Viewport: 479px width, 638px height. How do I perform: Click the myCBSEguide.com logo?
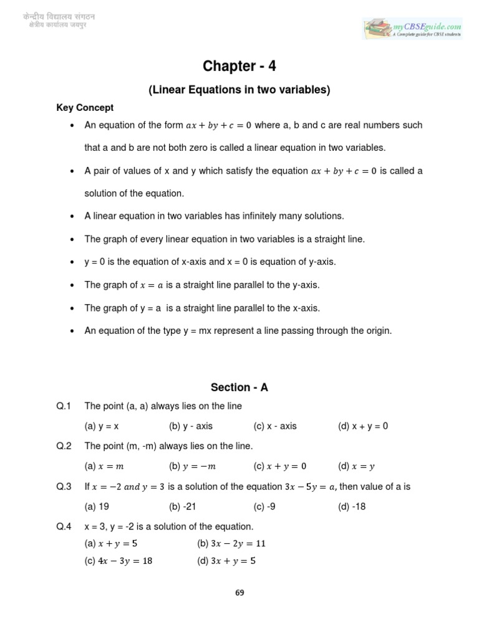point(413,28)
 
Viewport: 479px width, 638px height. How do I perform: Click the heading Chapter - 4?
point(239,67)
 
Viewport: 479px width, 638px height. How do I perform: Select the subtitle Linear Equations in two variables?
point(239,90)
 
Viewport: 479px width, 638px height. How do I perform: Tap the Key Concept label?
point(85,108)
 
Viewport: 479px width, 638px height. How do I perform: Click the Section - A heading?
point(239,387)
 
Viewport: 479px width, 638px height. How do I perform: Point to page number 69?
point(239,593)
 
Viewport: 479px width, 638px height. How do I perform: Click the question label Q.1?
point(64,406)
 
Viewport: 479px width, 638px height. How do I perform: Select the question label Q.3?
point(64,487)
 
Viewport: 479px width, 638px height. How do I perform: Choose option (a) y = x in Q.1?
point(102,426)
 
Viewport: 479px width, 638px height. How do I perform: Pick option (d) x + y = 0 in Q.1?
point(362,426)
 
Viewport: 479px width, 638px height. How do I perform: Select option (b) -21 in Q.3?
point(183,507)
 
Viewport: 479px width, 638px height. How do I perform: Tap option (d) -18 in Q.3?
point(352,507)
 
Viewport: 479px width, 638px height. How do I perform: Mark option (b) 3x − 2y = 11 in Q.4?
point(231,543)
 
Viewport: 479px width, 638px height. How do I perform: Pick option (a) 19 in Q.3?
point(97,507)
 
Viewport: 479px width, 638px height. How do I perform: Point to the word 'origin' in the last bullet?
point(377,331)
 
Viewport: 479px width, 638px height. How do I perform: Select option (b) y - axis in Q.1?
point(191,426)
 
